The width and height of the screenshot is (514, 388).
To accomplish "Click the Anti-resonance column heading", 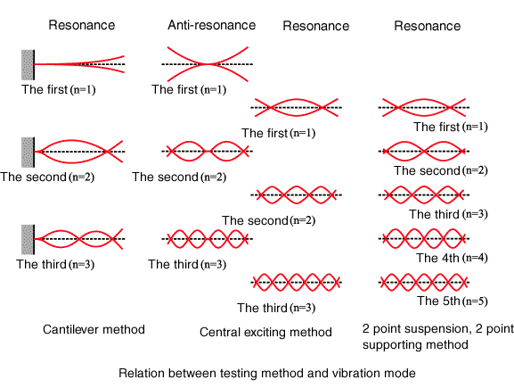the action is pyautogui.click(x=212, y=25).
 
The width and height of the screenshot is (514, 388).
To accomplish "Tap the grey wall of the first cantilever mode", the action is pyautogui.click(x=28, y=65).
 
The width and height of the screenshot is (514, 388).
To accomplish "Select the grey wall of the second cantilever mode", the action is pyautogui.click(x=28, y=153).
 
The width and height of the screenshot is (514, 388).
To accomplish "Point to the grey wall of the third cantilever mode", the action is pyautogui.click(x=28, y=240).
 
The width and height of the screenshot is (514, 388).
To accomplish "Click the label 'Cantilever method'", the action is pyautogui.click(x=94, y=329).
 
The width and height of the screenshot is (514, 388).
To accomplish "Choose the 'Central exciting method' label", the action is pyautogui.click(x=265, y=332).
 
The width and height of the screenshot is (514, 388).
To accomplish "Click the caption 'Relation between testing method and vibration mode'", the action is pyautogui.click(x=267, y=373).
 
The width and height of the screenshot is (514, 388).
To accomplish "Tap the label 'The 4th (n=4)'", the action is pyautogui.click(x=452, y=258).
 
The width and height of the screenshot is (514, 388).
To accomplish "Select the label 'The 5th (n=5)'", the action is pyautogui.click(x=453, y=301).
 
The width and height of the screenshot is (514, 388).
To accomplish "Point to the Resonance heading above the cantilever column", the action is pyautogui.click(x=82, y=25).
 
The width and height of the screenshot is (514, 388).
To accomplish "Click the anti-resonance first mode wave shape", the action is pyautogui.click(x=208, y=64).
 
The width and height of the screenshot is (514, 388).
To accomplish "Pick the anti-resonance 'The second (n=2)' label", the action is pyautogui.click(x=179, y=177).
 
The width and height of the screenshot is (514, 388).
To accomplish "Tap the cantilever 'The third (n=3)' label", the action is pyautogui.click(x=55, y=264).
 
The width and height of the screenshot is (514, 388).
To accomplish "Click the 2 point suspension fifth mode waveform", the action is pyautogui.click(x=423, y=282).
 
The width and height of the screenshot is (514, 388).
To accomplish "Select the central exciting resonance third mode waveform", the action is pyautogui.click(x=296, y=282).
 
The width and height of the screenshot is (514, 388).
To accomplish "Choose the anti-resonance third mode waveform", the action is pyautogui.click(x=208, y=239).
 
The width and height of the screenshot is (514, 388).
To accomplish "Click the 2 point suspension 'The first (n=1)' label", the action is pyautogui.click(x=451, y=127).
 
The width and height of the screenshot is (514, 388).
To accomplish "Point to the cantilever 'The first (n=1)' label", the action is pyautogui.click(x=59, y=89).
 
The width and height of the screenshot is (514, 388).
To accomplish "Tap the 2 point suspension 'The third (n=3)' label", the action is pyautogui.click(x=448, y=214).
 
